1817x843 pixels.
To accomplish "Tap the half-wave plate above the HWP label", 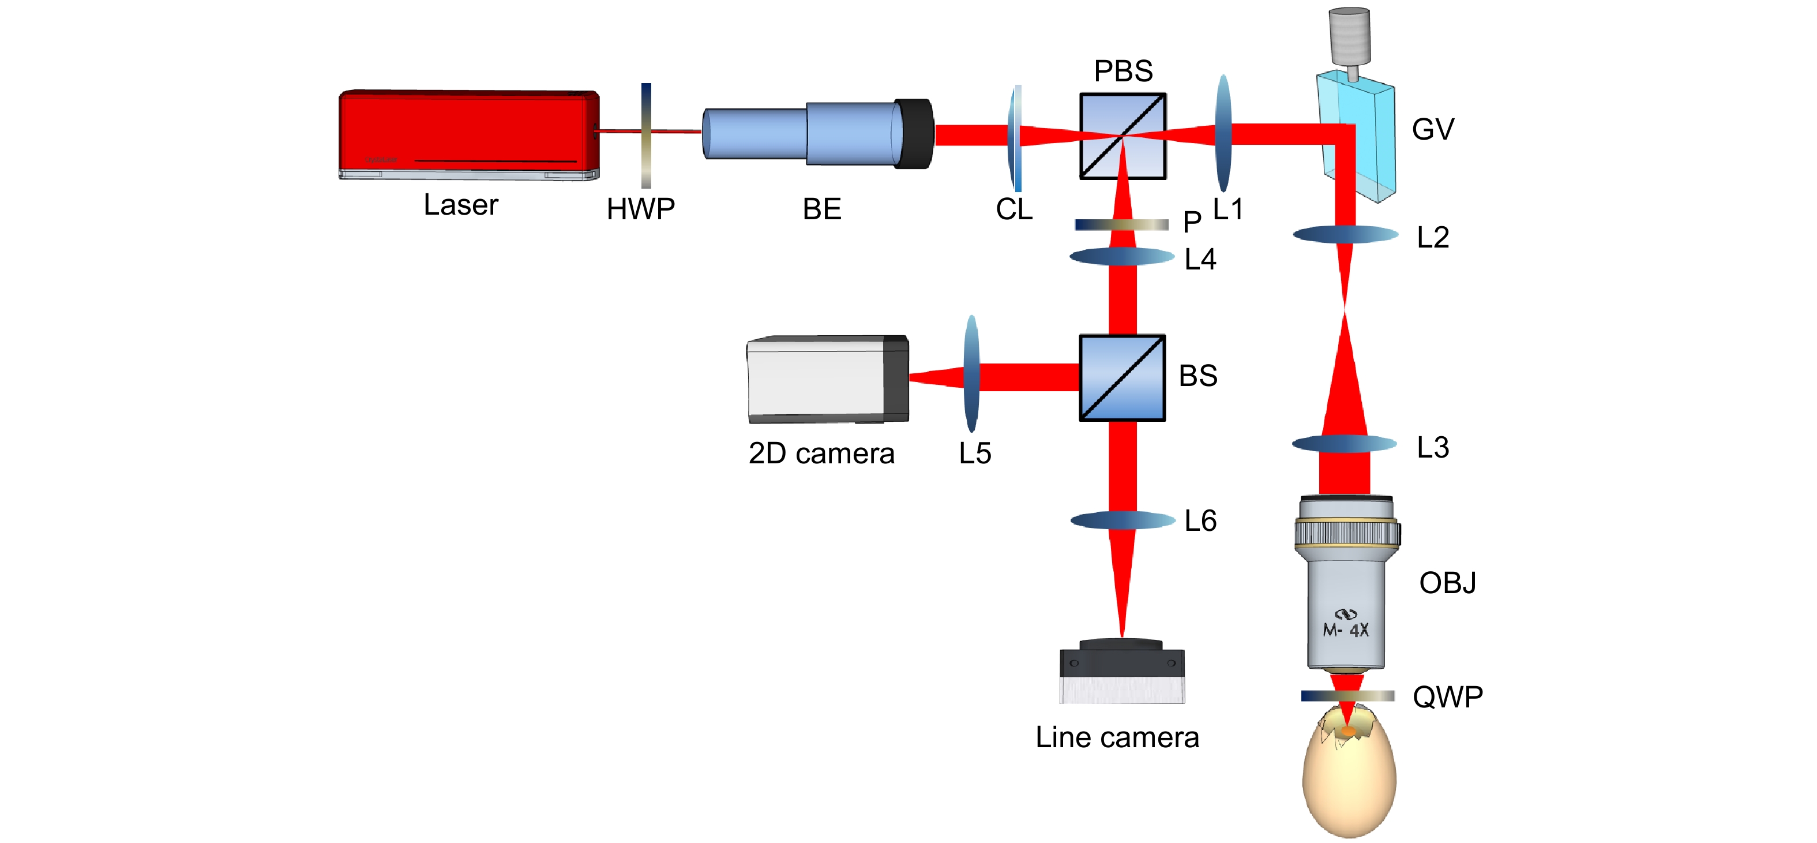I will click(645, 136).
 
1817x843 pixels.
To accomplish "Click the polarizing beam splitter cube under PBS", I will click(1123, 136).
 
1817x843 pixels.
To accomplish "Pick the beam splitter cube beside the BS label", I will click(1121, 377).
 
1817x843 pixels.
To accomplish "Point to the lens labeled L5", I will click(971, 374).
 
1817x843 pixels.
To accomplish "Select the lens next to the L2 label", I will click(1345, 234).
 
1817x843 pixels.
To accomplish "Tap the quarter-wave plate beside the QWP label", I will click(1347, 695).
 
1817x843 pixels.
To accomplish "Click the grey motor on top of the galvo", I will click(1349, 35).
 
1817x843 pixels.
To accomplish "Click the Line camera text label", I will click(1117, 737).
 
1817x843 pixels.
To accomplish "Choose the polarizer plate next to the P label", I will click(1121, 224).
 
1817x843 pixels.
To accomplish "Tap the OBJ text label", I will click(1447, 583).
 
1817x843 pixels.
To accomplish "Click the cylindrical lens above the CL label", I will click(1016, 137).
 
